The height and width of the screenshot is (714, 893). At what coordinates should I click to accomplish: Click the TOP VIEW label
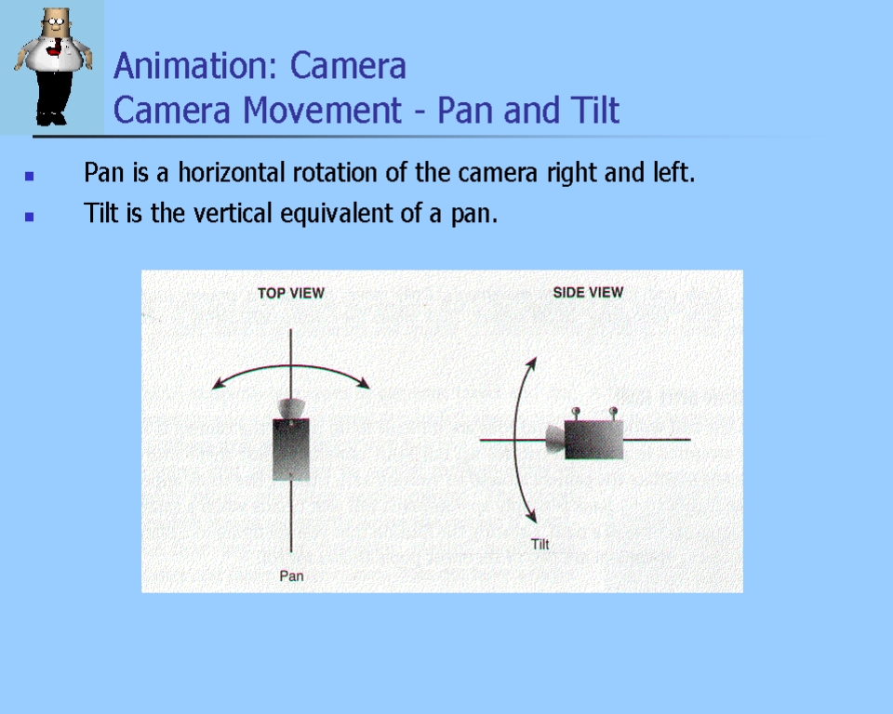point(291,293)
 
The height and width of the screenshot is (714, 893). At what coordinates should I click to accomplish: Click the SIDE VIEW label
point(588,292)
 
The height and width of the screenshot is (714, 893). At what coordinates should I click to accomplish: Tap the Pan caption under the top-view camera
point(291,575)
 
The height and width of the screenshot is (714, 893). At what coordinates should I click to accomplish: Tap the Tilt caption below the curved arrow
point(540,544)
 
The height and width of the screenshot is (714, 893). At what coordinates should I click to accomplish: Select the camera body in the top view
point(291,449)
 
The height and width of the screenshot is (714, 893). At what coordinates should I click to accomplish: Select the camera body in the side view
point(593,439)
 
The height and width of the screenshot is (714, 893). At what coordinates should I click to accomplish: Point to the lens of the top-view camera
point(291,408)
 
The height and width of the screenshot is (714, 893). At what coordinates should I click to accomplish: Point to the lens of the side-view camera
point(553,439)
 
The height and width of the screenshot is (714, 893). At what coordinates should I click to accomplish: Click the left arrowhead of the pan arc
point(218,384)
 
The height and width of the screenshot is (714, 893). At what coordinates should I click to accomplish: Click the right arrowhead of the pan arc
point(365,384)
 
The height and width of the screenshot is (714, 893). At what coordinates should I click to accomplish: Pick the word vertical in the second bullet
point(251,214)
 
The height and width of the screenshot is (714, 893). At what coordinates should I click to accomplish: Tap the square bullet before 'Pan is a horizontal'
point(30,176)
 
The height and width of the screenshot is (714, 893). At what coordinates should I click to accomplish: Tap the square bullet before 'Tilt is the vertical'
point(30,216)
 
